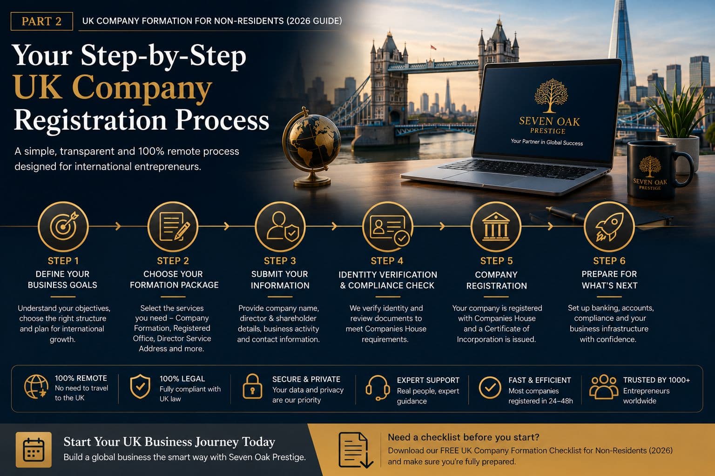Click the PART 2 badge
point(41,21)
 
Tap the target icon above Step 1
point(63,226)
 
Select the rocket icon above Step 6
point(609,226)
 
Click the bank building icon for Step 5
point(496,226)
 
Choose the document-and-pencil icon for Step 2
point(173,226)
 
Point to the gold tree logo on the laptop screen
point(551,96)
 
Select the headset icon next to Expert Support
point(378,388)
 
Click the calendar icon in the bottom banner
point(34,450)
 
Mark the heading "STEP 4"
point(387,261)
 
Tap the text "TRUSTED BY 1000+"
point(657,380)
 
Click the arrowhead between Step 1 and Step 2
point(118,226)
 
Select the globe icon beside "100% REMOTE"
point(36,387)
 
